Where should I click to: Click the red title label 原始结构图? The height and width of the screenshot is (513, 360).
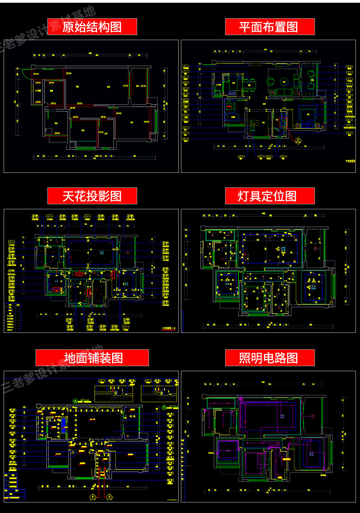point(92,27)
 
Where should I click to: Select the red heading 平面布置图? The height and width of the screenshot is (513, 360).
point(270,27)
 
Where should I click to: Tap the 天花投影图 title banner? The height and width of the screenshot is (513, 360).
point(92,196)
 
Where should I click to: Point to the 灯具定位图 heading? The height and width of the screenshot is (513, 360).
point(270,196)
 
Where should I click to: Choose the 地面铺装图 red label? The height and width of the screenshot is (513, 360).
point(92,358)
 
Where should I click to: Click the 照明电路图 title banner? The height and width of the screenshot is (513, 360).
point(270,358)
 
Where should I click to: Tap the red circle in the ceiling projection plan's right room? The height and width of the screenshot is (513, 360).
point(128,252)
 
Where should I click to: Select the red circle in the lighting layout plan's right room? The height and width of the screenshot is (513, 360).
point(315,249)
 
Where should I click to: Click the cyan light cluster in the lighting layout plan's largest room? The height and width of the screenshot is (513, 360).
point(283,249)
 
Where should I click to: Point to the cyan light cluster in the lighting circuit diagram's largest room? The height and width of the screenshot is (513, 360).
point(282,417)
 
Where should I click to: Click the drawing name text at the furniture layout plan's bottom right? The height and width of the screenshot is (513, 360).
point(350,161)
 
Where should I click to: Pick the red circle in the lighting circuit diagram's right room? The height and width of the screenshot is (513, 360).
point(313,416)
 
